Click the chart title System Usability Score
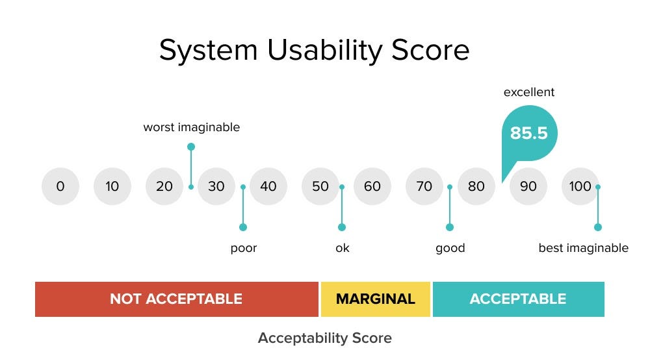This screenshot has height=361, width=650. tap(314, 51)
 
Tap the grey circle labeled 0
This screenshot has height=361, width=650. tap(60, 186)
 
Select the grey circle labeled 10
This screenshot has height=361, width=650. tap(112, 186)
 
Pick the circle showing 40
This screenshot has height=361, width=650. tap(268, 186)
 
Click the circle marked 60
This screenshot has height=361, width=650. tap(372, 186)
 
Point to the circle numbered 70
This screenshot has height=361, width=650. tap(424, 186)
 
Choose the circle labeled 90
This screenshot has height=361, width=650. tap(528, 186)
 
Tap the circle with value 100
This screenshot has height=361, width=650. tap(580, 186)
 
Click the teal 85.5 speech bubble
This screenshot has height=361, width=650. tap(528, 134)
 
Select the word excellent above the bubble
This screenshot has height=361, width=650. tap(529, 92)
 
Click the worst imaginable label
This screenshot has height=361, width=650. tap(191, 127)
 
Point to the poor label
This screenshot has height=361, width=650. tap(244, 248)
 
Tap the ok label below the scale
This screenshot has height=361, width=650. tap(342, 248)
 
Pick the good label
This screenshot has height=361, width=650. tap(450, 248)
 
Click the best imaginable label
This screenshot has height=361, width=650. tap(583, 248)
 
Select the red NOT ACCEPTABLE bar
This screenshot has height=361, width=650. tap(176, 299)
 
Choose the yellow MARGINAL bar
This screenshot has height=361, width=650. tap(375, 299)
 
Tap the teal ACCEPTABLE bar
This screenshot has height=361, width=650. tap(518, 299)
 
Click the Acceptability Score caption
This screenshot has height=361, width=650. tap(324, 338)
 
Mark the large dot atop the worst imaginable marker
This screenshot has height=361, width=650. tap(191, 147)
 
